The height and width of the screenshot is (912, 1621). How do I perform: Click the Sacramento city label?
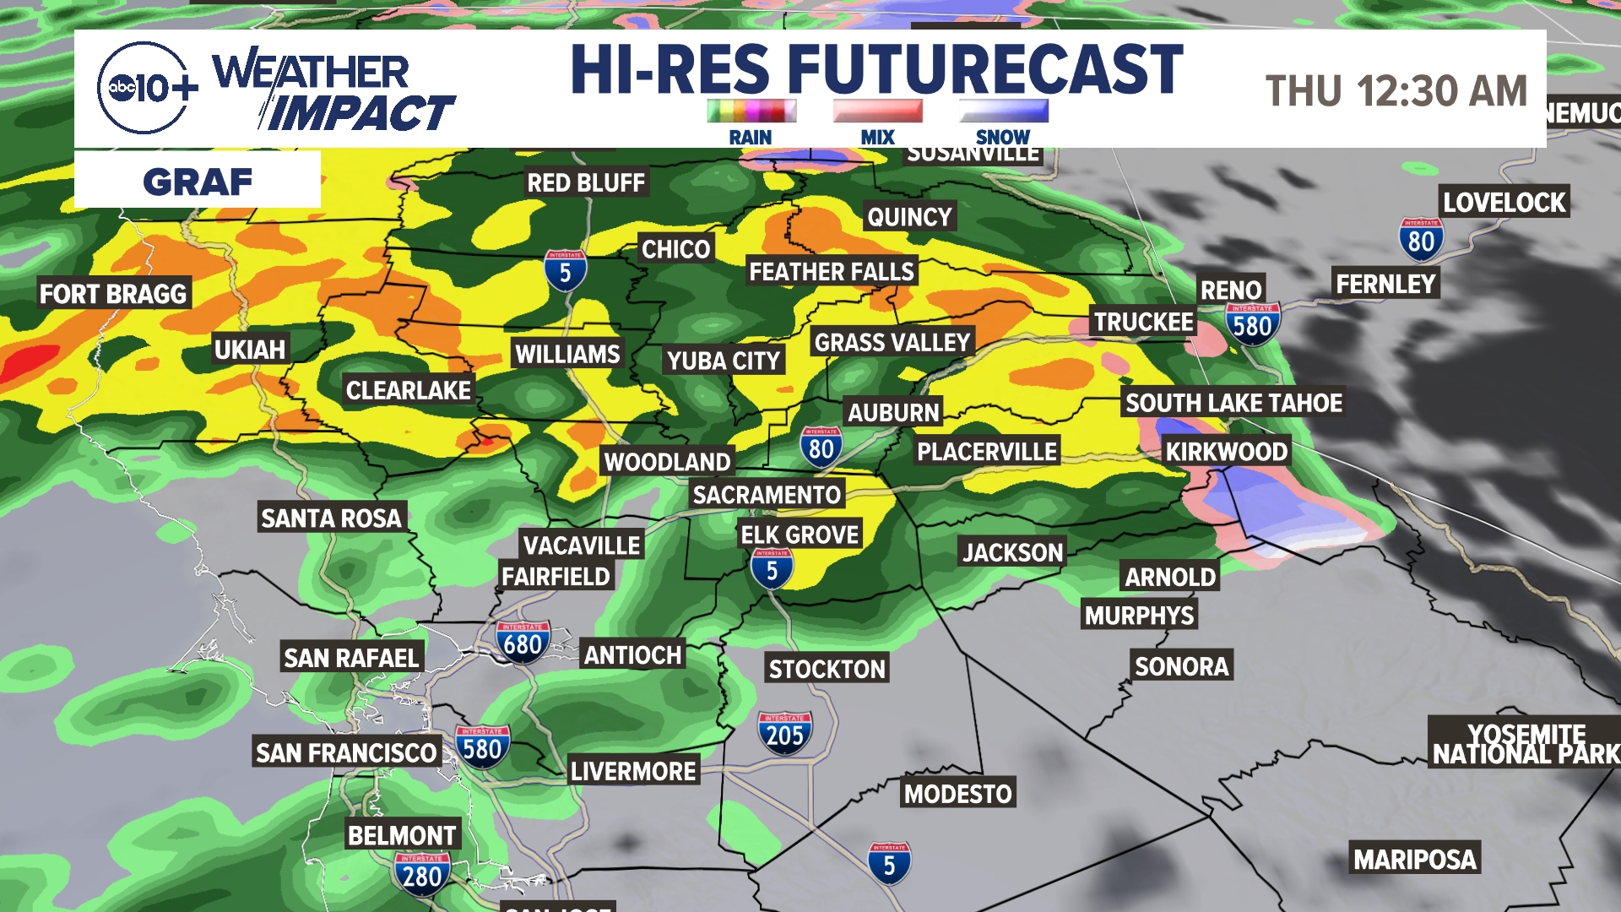point(767,495)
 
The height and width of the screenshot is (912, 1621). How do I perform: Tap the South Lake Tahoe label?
point(1233,403)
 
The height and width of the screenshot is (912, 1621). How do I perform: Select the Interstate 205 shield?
point(784,733)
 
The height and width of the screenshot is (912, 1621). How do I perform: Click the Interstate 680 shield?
point(523,643)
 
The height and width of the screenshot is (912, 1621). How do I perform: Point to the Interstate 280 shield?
point(421,874)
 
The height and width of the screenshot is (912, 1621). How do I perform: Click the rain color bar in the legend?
point(751,111)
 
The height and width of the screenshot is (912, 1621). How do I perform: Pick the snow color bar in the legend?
point(1003,111)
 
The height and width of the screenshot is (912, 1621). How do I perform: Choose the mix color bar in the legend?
point(877,111)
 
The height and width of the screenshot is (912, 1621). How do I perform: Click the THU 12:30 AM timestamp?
point(1396,91)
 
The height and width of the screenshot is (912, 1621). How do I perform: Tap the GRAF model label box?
point(198,180)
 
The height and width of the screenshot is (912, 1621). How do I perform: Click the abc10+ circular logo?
point(144,88)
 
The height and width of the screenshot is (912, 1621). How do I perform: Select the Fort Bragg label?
point(113,294)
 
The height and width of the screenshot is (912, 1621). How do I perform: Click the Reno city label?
point(1230,290)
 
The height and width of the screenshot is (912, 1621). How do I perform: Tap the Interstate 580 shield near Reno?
point(1252,323)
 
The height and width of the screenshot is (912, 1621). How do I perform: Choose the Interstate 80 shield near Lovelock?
point(1421,241)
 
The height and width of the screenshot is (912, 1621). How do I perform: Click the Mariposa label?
point(1415,860)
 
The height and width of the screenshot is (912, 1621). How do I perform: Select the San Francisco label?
point(346,752)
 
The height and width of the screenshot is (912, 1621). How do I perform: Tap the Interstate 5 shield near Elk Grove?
point(772,569)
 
